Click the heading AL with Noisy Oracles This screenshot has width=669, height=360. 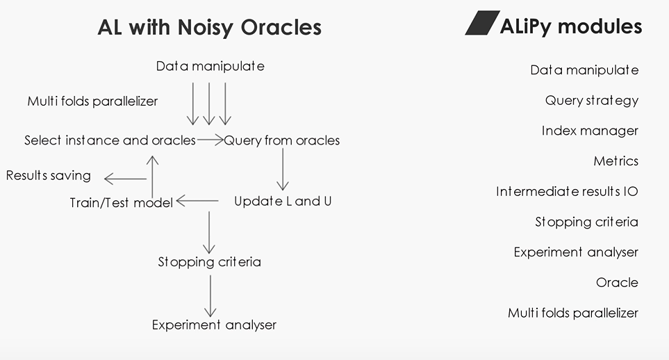pos(209,27)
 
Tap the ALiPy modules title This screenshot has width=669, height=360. pos(570,26)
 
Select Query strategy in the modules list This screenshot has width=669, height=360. pos(591,101)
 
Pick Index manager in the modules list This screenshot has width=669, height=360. pos(590,131)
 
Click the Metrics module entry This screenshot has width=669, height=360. pos(616,161)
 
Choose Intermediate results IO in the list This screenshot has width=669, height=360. pos(567,191)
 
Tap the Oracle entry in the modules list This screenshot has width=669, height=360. pos(617,283)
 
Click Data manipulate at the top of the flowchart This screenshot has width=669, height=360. pos(210,67)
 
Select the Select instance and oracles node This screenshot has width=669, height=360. pos(110,140)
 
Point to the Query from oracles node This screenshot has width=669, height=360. pos(282,140)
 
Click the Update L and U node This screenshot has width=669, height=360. pos(282,202)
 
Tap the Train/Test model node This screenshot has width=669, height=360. pos(121,203)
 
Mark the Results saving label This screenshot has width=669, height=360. pos(49,176)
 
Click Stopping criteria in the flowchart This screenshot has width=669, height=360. pos(209,263)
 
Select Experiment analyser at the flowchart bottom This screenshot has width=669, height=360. pos(214,325)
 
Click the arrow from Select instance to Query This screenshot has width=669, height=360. pos(210,140)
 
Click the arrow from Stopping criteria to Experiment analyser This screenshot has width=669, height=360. pos(210,295)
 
